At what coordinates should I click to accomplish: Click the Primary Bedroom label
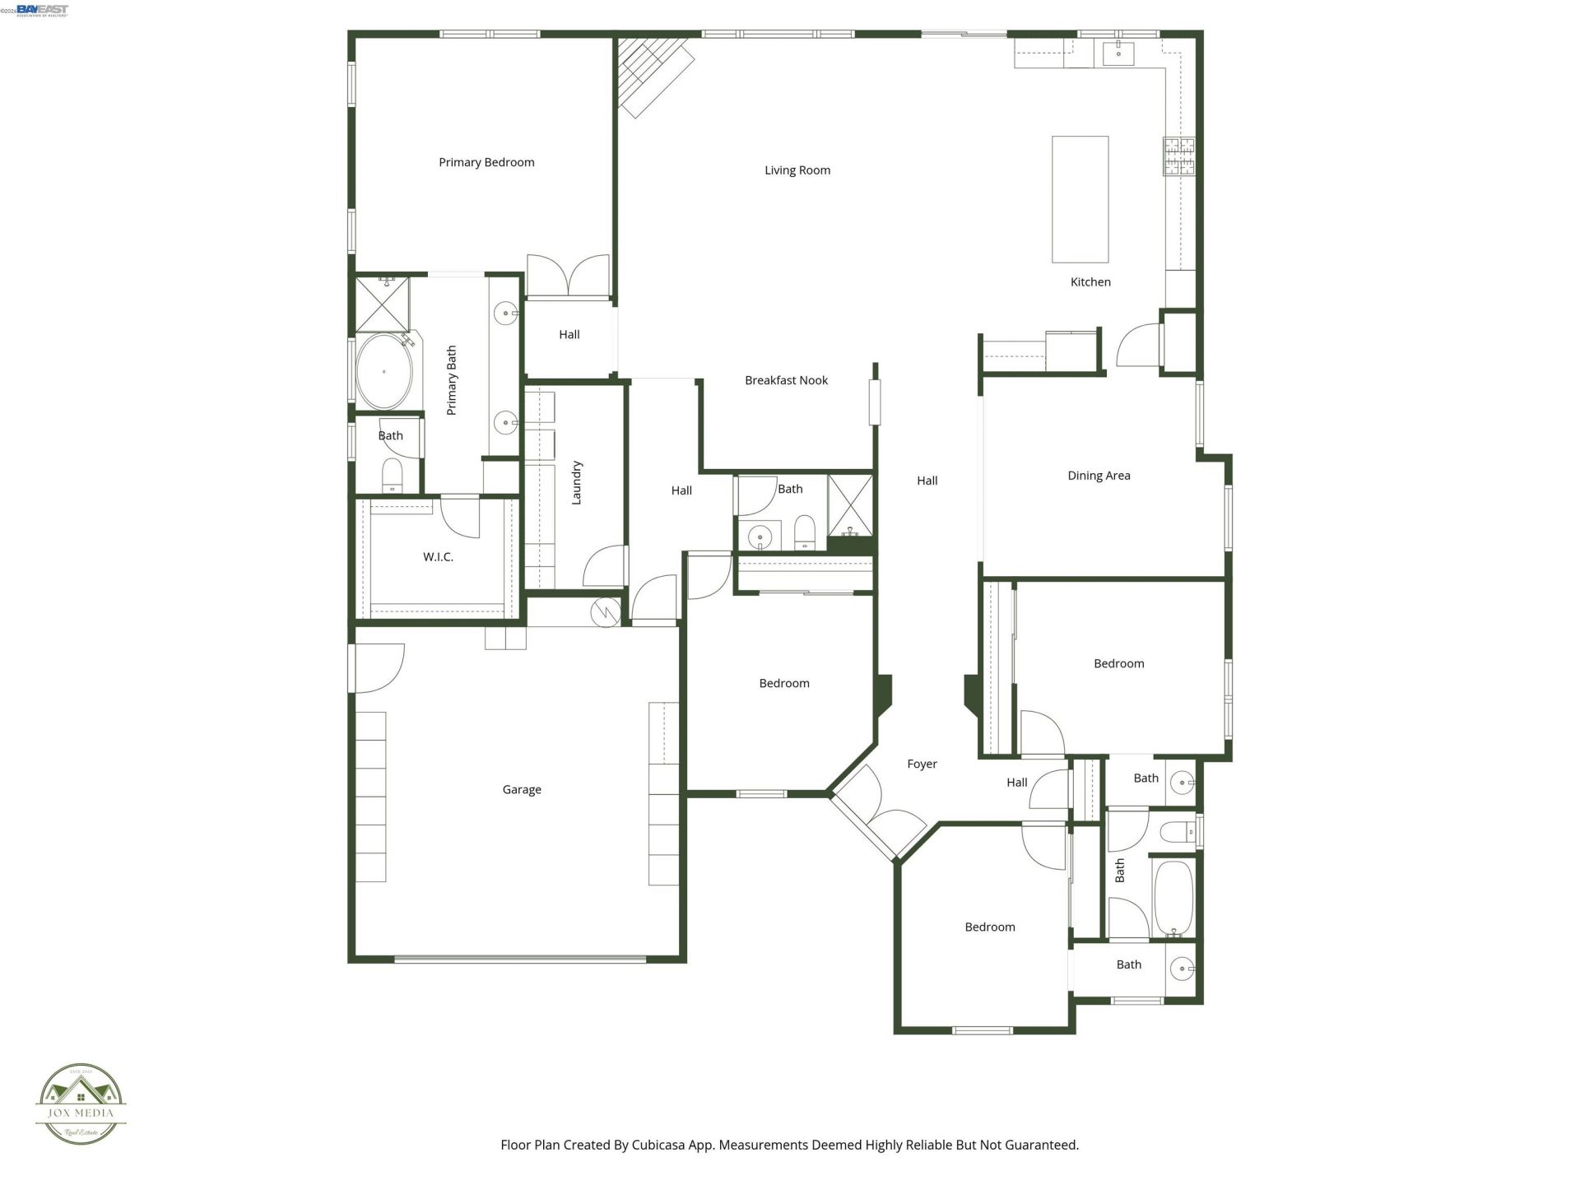point(486,162)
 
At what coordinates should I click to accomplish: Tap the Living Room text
point(797,170)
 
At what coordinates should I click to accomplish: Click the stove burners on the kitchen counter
point(1178,156)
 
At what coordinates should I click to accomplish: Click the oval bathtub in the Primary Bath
point(383,371)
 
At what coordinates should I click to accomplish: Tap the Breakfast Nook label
point(786,380)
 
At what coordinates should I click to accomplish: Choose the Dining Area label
point(1099,476)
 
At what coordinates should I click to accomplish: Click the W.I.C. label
point(438,557)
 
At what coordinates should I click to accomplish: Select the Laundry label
point(576,482)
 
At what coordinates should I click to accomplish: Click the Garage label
point(522,790)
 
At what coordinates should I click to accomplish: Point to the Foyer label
point(922,764)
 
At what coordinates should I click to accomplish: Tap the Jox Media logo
point(81,1104)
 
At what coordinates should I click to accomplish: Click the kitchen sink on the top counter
point(1118,53)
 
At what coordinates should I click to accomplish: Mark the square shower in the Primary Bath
point(383,304)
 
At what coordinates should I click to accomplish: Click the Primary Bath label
point(451,380)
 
